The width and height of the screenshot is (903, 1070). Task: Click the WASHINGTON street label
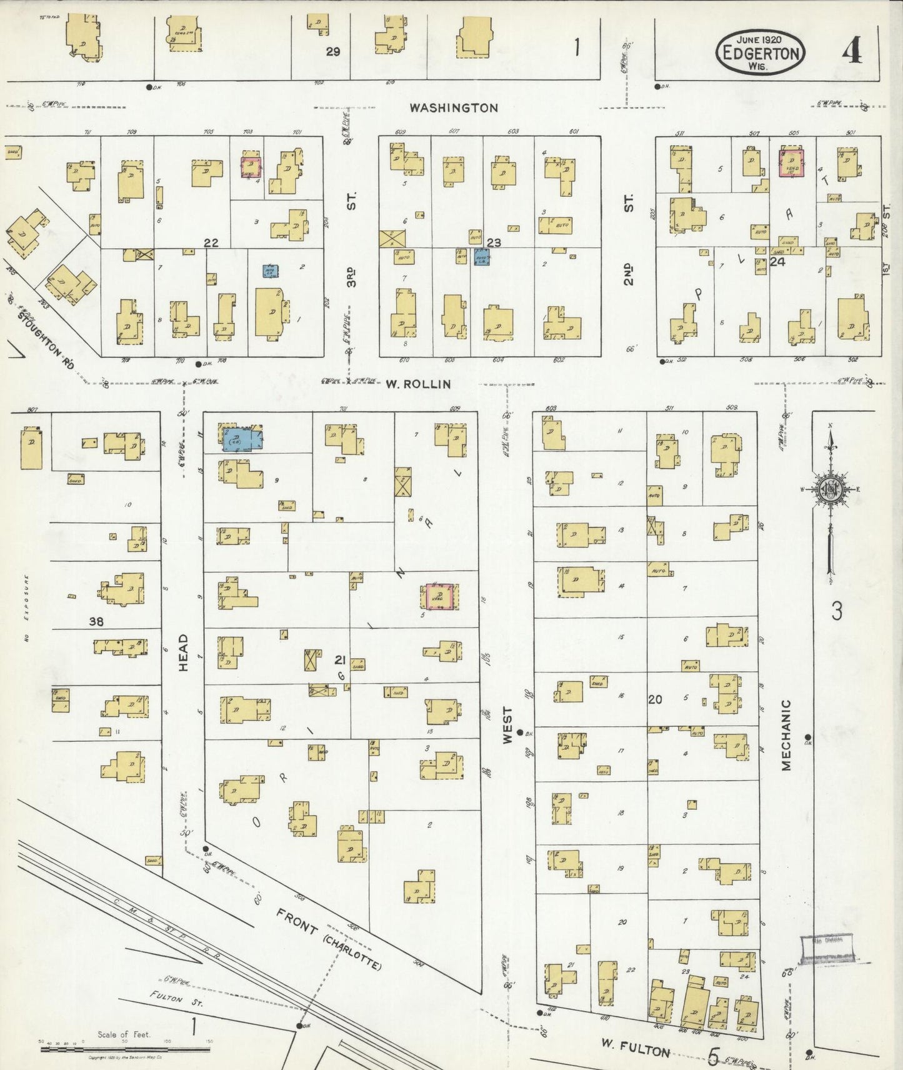click(454, 107)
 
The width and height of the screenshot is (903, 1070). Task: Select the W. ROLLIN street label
click(417, 384)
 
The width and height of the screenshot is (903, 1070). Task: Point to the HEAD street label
click(183, 652)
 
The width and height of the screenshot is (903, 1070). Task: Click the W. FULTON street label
click(636, 1046)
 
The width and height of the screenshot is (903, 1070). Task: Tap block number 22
click(211, 242)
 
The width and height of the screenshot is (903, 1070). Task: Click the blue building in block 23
click(481, 257)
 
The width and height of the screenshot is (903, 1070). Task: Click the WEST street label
click(507, 725)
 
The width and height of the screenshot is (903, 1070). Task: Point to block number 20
click(654, 699)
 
